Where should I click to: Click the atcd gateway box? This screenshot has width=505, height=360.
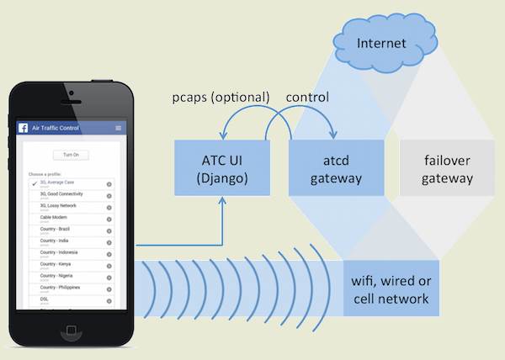336,167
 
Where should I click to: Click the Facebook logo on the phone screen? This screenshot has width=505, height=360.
24,128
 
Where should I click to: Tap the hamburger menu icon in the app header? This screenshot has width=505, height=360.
119,128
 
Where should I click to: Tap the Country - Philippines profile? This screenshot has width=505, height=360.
60,288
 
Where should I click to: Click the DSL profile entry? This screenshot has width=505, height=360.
44,299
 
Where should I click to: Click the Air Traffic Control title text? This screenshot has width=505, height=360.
56,128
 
